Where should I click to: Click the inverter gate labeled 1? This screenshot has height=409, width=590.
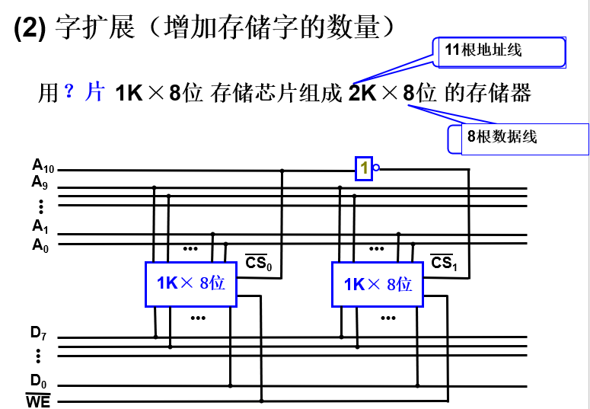365,168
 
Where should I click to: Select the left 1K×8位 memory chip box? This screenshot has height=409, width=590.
190,284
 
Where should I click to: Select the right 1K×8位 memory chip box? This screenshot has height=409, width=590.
377,284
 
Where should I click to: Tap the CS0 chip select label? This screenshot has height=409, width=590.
259,264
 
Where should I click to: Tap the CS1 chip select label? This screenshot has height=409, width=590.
444,264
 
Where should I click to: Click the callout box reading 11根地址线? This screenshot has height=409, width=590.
499,52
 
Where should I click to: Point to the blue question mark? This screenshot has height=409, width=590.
69,92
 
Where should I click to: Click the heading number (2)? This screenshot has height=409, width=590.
30,28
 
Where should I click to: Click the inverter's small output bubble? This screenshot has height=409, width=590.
376,168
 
